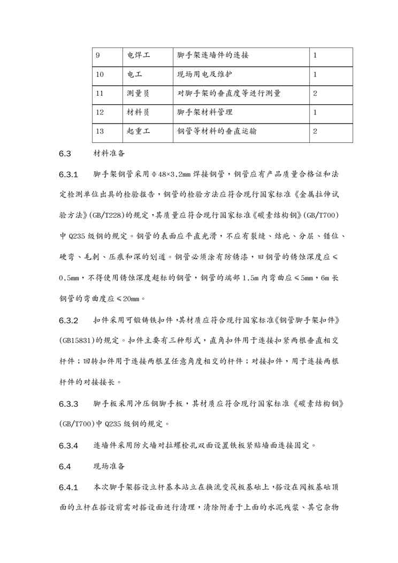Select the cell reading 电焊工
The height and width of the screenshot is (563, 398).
click(139, 56)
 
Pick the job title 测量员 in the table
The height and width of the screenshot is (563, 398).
click(139, 93)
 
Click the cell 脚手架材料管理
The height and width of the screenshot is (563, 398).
click(205, 112)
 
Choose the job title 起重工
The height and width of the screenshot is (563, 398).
click(139, 131)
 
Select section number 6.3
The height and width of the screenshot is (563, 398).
click(65, 154)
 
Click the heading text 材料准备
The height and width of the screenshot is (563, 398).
click(109, 154)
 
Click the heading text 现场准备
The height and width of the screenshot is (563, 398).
click(109, 466)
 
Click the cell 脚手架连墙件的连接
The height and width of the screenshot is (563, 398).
click(212, 56)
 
